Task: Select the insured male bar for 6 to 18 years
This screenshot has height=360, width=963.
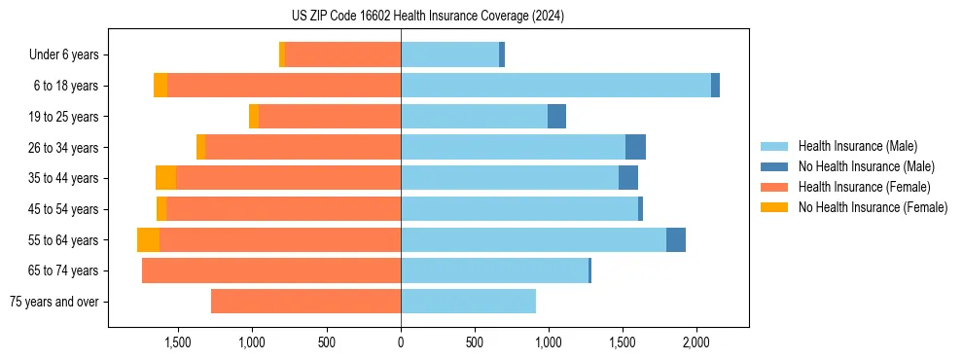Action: click(555, 86)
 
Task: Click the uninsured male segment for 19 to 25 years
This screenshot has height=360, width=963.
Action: click(556, 117)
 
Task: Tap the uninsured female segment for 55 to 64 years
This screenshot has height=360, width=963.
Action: click(148, 240)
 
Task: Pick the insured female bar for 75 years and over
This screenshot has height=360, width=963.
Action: click(305, 302)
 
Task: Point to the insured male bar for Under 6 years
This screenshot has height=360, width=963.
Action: click(449, 55)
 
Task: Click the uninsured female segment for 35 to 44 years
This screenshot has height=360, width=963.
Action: click(165, 178)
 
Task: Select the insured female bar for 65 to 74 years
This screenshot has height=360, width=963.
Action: click(271, 270)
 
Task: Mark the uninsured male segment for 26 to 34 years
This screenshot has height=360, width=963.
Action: click(635, 147)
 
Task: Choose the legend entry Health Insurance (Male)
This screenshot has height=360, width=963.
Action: click(857, 146)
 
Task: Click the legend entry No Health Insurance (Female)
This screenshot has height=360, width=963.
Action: click(873, 207)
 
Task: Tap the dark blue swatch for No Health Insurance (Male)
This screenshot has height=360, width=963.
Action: click(774, 166)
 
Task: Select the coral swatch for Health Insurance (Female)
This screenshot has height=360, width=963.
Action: click(774, 187)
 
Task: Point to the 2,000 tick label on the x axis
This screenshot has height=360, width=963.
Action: click(696, 342)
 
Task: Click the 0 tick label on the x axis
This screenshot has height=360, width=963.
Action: click(401, 342)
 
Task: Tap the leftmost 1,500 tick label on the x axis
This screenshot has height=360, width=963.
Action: click(178, 342)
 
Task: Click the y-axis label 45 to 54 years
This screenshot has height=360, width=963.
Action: click(65, 209)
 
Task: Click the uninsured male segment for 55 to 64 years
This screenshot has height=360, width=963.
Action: click(676, 240)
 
